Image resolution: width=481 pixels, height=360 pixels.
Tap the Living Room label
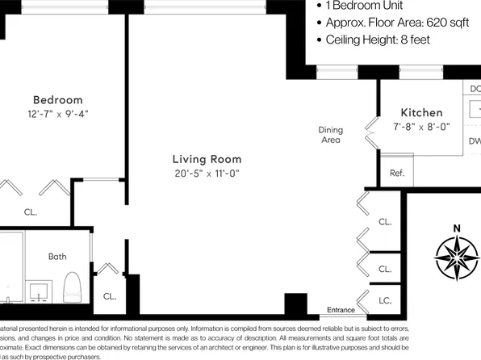coord(207,159)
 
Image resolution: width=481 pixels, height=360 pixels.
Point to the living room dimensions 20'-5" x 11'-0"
coord(207,174)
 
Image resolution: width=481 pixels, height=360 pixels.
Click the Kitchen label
coord(421,112)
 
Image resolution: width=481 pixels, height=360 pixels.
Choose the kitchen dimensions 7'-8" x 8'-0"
coord(421,127)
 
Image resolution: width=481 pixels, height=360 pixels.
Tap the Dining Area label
coord(330,135)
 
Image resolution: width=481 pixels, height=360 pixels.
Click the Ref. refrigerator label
coord(396,173)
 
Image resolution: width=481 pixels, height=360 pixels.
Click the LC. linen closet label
coord(385,299)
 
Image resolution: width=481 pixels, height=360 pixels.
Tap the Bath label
coord(57,257)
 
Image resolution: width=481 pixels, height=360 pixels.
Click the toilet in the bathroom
coord(71,286)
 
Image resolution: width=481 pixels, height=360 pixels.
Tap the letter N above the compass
coord(457,227)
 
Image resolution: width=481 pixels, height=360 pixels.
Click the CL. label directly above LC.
coord(385,269)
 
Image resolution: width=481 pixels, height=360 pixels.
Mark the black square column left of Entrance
coord(296,305)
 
